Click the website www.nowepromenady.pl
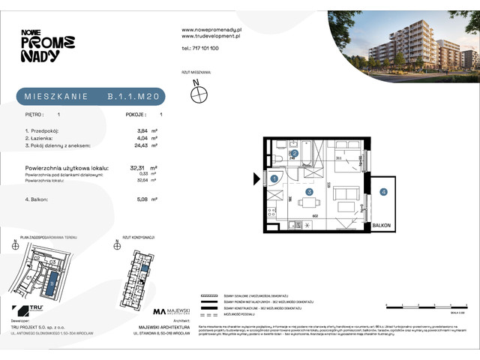[209, 29]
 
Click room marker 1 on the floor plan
[274, 178]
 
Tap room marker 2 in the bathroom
[295, 154]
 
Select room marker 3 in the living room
[308, 192]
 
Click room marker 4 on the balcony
[383, 192]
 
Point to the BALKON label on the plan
[382, 224]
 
